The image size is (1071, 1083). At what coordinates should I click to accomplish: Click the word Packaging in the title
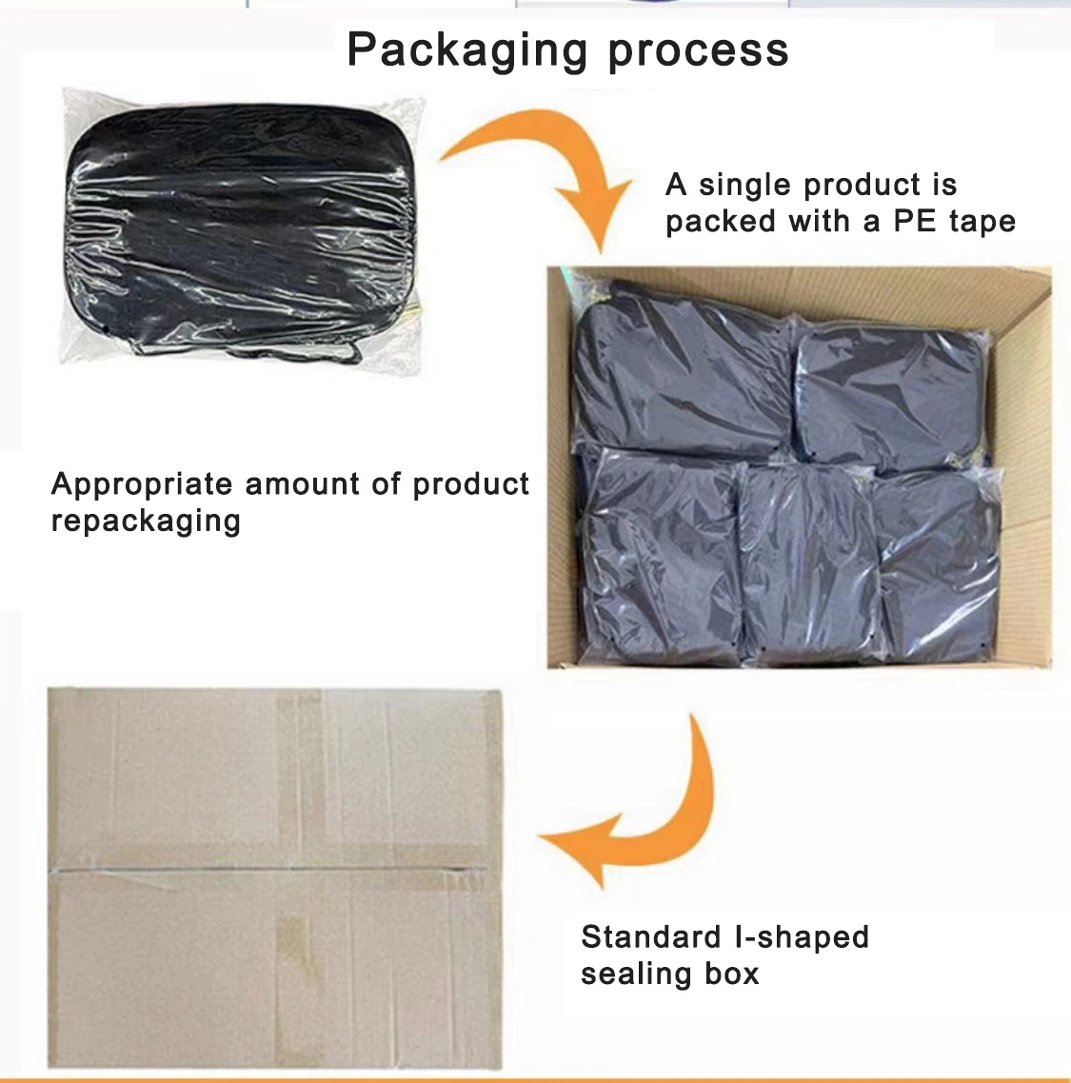[467, 50]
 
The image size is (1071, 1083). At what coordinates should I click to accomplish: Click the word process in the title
[698, 51]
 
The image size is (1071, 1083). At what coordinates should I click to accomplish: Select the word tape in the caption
[982, 223]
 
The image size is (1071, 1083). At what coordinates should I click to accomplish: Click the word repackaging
[146, 522]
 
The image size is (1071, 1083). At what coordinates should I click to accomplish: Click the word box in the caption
[732, 974]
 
